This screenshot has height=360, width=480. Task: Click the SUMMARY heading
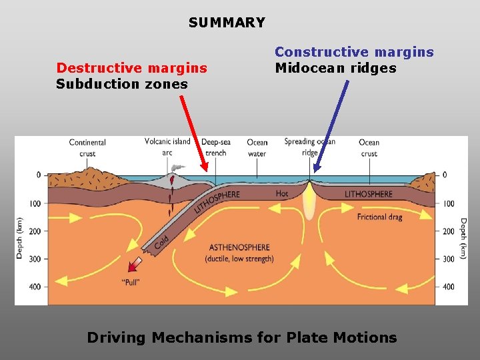pyautogui.click(x=227, y=23)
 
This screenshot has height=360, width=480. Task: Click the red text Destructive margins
pyautogui.click(x=131, y=68)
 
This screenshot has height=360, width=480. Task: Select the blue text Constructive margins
pyautogui.click(x=354, y=52)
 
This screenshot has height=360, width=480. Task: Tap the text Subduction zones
pyautogui.click(x=121, y=84)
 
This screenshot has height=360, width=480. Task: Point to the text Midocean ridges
pyautogui.click(x=335, y=68)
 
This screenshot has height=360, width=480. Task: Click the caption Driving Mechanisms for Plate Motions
pyautogui.click(x=241, y=337)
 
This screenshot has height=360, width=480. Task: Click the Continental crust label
pyautogui.click(x=87, y=147)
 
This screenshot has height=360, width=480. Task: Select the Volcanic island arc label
pyautogui.click(x=167, y=146)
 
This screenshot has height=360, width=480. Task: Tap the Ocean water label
pyautogui.click(x=257, y=147)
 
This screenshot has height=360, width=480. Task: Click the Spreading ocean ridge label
pyautogui.click(x=309, y=147)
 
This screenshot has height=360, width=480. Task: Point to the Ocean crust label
pyautogui.click(x=369, y=147)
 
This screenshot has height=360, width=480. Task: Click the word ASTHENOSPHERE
pyautogui.click(x=239, y=247)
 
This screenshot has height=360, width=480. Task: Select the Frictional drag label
pyautogui.click(x=379, y=217)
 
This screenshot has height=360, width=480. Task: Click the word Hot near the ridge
pyautogui.click(x=283, y=193)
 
